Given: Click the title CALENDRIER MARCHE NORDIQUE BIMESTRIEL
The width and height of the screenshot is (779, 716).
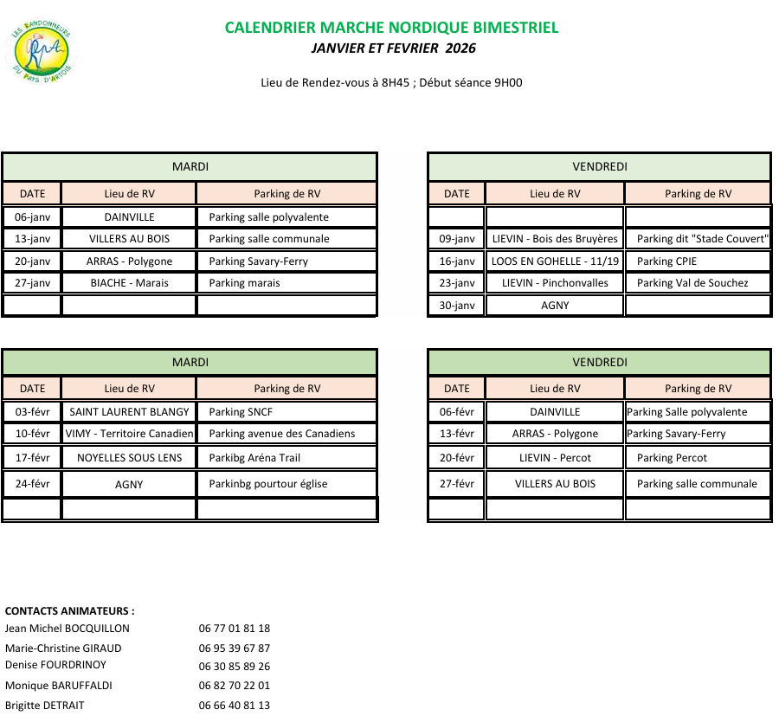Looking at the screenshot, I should pyautogui.click(x=391, y=28).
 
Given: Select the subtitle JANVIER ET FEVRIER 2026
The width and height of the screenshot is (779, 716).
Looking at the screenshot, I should pyautogui.click(x=393, y=48).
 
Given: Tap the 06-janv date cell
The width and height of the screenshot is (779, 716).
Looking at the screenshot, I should pyautogui.click(x=32, y=217).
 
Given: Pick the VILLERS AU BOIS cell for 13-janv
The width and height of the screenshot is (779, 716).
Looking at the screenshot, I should pyautogui.click(x=129, y=239).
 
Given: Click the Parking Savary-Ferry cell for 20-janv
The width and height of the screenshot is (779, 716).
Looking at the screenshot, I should pyautogui.click(x=286, y=261).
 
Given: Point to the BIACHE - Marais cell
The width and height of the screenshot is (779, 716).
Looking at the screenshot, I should pyautogui.click(x=129, y=283).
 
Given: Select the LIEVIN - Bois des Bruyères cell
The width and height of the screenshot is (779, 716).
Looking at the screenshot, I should pyautogui.click(x=555, y=239).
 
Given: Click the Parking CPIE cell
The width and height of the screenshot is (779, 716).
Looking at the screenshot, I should pyautogui.click(x=697, y=261).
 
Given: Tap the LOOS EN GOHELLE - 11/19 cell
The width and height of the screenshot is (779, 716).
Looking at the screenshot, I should pyautogui.click(x=555, y=261).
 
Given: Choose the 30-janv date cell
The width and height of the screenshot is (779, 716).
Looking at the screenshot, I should pyautogui.click(x=456, y=306).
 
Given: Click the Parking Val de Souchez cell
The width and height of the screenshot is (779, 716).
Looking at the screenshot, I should pyautogui.click(x=697, y=283).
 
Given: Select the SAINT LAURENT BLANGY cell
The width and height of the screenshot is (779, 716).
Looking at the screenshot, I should pyautogui.click(x=129, y=412).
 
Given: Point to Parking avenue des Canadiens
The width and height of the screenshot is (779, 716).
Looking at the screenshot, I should pyautogui.click(x=286, y=434).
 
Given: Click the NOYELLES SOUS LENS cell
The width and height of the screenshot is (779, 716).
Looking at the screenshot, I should pyautogui.click(x=129, y=458).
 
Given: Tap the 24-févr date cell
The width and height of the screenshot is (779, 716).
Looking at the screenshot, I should pyautogui.click(x=32, y=484).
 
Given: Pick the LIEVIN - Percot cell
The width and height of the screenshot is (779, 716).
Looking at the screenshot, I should pyautogui.click(x=555, y=458).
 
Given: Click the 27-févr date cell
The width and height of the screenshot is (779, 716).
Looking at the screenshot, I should pyautogui.click(x=456, y=484).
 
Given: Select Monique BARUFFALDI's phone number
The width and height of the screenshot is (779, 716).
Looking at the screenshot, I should pyautogui.click(x=235, y=686).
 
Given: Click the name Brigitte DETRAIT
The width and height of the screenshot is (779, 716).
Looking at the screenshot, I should pyautogui.click(x=45, y=706).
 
